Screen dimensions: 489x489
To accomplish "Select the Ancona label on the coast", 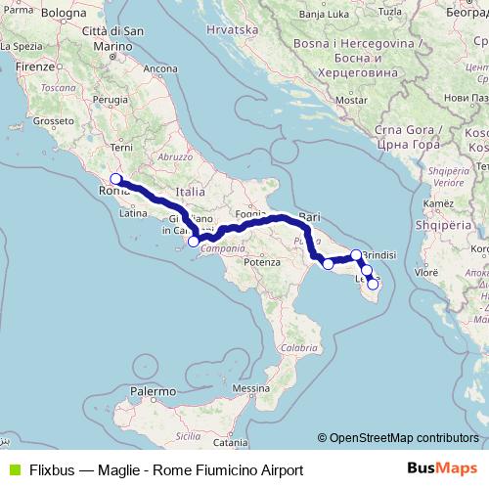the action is point(160,69).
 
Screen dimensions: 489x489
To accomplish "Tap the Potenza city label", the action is point(262,262).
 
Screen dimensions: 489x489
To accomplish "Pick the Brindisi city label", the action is point(378,253).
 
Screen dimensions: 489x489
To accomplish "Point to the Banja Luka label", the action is point(323,15).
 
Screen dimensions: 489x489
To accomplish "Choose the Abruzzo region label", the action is point(175,156).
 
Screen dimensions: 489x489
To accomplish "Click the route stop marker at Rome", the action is point(115,179).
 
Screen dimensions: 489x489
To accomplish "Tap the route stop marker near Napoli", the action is point(194,241).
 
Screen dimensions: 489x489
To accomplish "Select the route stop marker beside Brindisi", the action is point(357,255).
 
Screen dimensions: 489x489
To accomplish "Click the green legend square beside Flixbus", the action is point(14,469).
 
